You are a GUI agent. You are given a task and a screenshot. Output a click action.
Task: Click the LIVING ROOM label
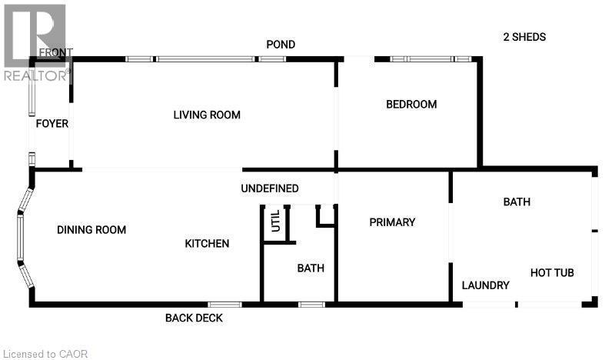207,115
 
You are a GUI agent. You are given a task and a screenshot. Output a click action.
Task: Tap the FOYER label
52,124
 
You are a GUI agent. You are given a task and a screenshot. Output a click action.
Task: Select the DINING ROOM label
91,230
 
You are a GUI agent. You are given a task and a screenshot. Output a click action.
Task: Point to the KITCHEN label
207,244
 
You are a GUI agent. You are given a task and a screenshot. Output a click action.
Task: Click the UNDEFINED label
269,188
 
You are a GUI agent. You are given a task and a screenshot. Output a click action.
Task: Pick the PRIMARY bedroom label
392,222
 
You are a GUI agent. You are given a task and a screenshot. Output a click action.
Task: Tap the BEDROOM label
411,105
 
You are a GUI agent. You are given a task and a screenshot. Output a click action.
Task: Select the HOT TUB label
552,273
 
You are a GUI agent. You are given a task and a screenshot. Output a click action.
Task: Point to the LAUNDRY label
485,285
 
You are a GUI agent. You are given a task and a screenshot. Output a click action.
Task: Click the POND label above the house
281,45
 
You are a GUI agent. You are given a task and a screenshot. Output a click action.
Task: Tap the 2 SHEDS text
524,37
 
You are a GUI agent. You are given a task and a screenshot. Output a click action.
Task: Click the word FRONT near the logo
55,53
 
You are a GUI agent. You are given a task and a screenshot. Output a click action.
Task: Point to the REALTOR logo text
35,75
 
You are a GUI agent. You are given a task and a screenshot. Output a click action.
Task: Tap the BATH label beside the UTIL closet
311,268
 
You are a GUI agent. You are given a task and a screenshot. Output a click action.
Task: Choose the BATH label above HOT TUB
517,202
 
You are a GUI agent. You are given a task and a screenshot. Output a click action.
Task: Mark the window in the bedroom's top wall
430,58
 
